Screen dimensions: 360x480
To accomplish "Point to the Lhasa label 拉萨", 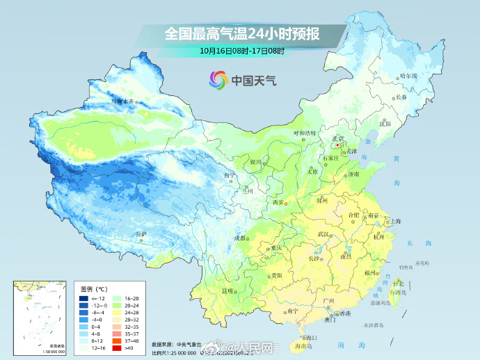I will [x=142, y=234].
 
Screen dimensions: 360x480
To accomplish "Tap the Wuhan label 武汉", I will [x=322, y=235].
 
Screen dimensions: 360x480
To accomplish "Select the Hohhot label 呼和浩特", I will [x=304, y=133].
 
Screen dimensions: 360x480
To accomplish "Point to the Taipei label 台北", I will [x=398, y=284].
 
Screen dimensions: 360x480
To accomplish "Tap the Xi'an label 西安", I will [x=279, y=202].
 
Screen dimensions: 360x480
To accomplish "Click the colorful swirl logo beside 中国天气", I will [x=218, y=80].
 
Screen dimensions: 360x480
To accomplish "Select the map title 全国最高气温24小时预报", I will [x=243, y=33].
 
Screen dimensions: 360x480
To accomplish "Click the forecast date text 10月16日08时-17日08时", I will [x=243, y=51].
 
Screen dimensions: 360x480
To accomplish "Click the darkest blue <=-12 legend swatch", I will [x=85, y=297].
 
